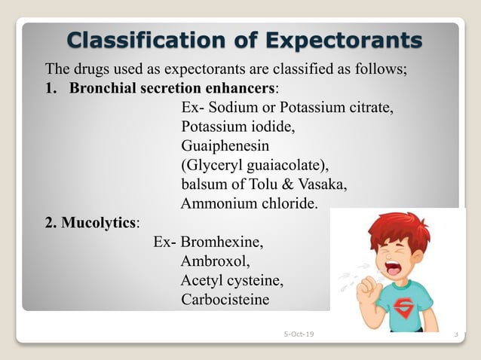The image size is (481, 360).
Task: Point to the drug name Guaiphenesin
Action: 225,145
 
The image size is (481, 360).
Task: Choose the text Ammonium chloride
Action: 250,203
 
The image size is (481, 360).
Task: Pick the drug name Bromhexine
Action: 223,243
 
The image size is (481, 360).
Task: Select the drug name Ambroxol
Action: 214,262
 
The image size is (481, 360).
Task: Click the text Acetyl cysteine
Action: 232,281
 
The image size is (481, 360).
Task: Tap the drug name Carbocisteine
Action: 225,300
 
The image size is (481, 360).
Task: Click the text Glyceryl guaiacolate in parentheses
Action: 256,165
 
